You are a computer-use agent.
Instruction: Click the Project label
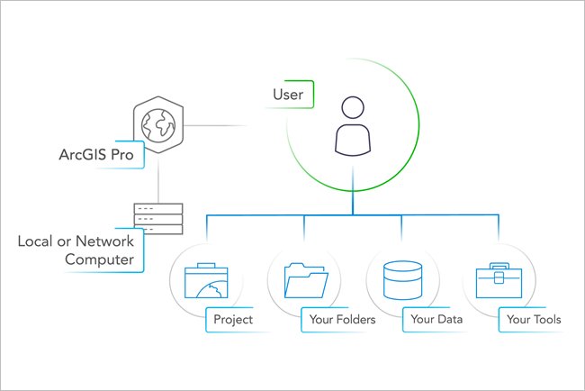click(233, 319)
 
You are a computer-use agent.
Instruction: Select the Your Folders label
click(340, 319)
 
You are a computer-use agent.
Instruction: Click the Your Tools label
click(533, 319)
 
